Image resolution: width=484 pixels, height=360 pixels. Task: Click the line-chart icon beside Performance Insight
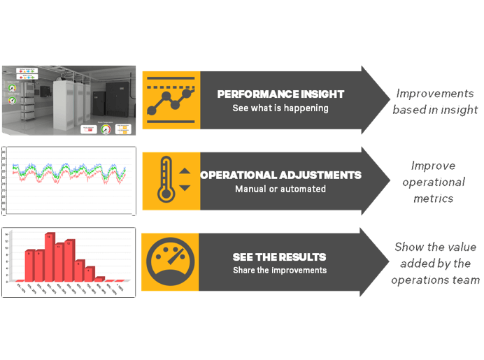pos(170,99)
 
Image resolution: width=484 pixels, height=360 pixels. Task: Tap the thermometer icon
pos(164,180)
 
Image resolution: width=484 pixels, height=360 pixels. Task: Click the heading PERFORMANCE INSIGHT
pos(280,94)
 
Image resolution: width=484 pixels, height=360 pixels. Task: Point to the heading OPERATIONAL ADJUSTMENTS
pos(280,175)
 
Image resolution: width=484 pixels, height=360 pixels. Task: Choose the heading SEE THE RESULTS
pos(280,257)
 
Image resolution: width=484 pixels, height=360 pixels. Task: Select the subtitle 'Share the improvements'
pos(280,270)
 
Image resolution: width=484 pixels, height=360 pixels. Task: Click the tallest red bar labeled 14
pos(50,257)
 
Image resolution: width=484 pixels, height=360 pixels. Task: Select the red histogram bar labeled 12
pos(70,261)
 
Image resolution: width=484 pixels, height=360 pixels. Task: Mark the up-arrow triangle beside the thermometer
pos(185,171)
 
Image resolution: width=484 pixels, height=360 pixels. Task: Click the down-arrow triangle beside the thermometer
pos(185,187)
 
